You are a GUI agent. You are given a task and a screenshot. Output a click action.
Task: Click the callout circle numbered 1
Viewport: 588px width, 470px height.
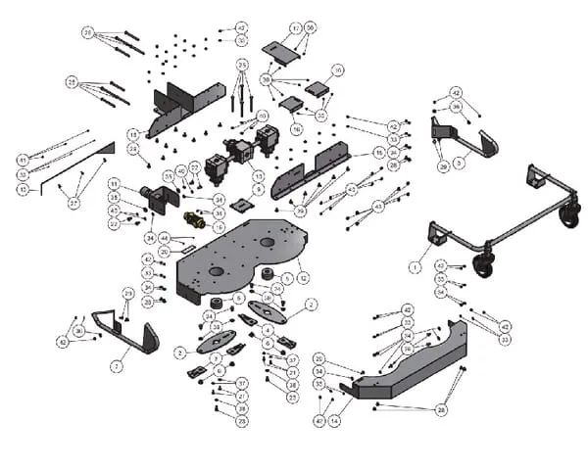(415, 265)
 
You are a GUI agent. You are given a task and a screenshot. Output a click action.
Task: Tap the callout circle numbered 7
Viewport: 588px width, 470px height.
(115, 366)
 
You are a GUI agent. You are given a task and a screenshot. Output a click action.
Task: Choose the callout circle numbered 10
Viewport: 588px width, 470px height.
(337, 70)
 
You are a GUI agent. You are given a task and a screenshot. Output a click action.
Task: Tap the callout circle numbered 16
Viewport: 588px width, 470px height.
(296, 128)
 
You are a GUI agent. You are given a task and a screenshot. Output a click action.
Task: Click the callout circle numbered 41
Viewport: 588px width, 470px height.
(23, 160)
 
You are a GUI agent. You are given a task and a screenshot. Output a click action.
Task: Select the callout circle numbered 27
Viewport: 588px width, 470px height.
(73, 203)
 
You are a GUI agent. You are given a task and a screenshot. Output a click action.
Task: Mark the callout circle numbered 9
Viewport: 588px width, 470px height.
(259, 188)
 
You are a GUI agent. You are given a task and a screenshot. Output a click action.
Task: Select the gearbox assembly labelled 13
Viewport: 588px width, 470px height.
(239, 151)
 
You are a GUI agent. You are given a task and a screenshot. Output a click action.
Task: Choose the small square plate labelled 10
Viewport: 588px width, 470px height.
(317, 87)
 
